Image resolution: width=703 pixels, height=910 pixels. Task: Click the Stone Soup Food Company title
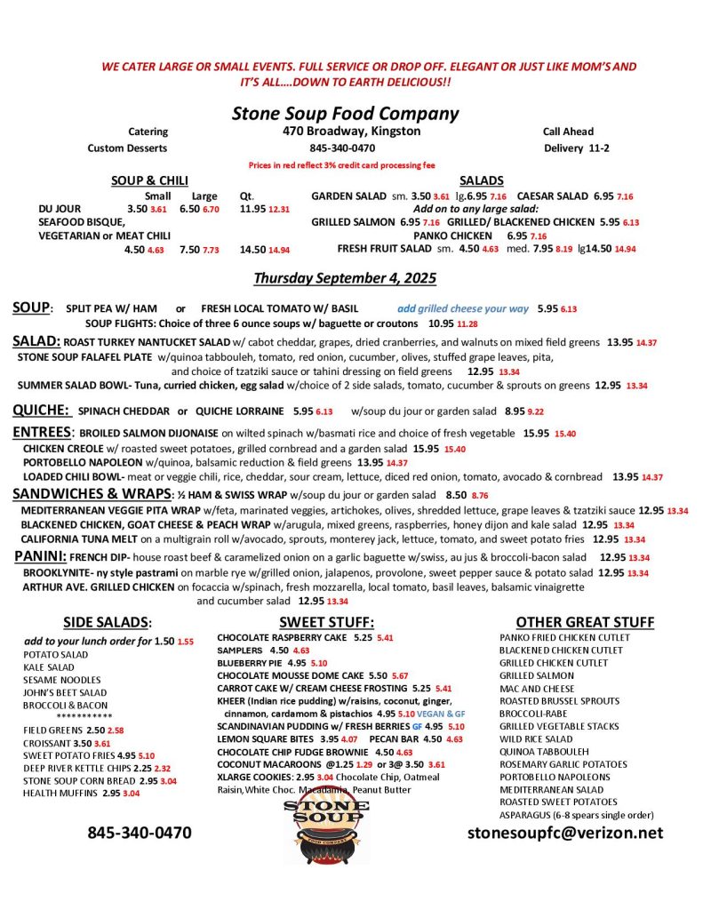[x=345, y=114]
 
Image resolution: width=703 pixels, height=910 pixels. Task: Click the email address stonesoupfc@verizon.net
[x=565, y=833]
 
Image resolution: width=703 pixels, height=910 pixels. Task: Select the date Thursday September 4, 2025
[x=345, y=278]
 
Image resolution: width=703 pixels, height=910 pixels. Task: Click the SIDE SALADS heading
[x=108, y=622]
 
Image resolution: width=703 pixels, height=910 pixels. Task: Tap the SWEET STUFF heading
[x=326, y=622]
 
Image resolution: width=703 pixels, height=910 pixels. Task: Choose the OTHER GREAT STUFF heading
[x=585, y=622]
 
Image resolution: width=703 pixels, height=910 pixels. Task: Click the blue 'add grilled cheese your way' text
[x=463, y=308]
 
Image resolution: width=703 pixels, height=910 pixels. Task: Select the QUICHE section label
[x=41, y=411]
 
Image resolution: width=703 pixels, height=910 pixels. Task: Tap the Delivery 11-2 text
[x=576, y=148]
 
